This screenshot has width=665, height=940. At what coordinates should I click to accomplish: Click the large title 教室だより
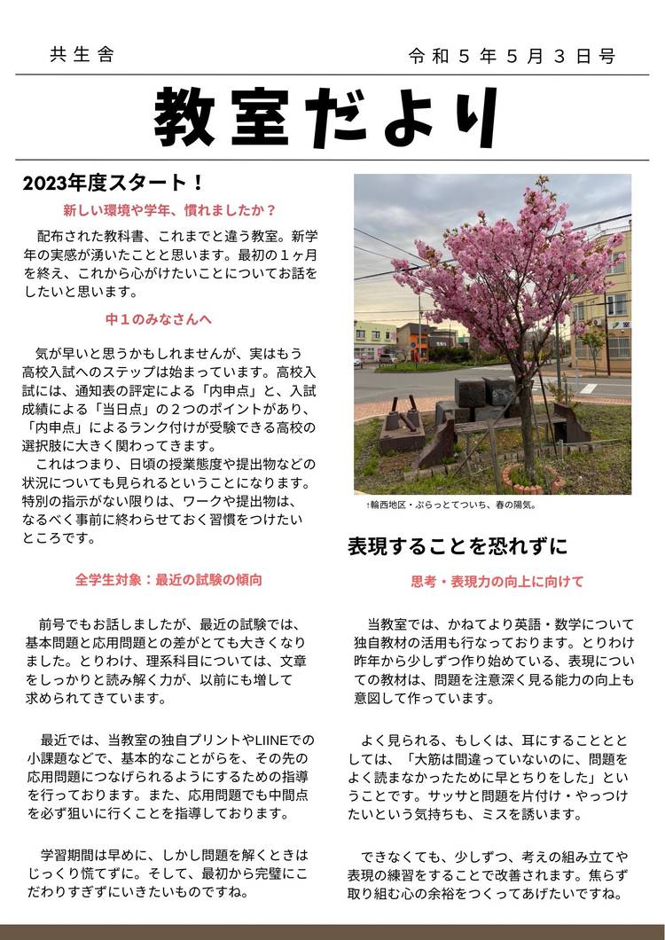[x=332, y=117]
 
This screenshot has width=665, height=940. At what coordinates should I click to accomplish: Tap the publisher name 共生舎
[x=82, y=56]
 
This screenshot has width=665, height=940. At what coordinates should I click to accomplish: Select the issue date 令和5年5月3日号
[x=512, y=57]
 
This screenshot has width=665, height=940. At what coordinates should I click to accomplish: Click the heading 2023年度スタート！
[x=113, y=184]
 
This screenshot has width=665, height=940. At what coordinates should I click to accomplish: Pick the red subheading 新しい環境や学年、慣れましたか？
[x=170, y=211]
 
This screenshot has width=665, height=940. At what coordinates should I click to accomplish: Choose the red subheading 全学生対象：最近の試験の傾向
[x=168, y=580]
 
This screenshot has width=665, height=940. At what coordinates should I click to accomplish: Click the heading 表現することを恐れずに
[x=458, y=544]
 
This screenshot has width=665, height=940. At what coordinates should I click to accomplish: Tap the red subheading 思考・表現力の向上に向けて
[x=497, y=582]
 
